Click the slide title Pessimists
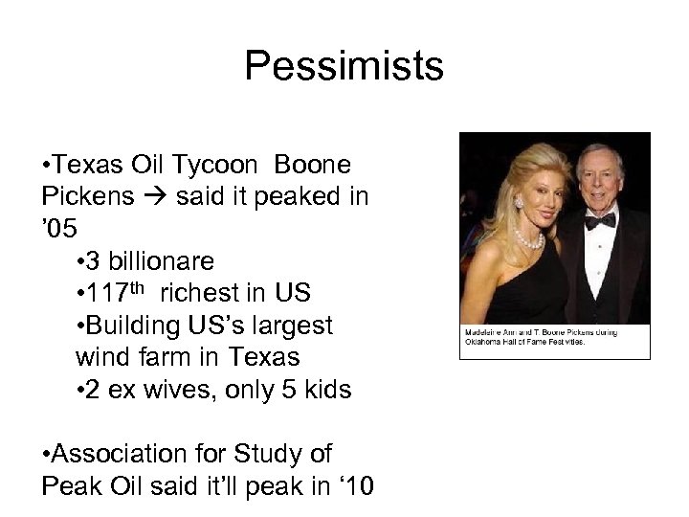point(344,67)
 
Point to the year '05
point(58,228)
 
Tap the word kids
point(328,390)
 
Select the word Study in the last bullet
point(267,454)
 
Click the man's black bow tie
point(600,220)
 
